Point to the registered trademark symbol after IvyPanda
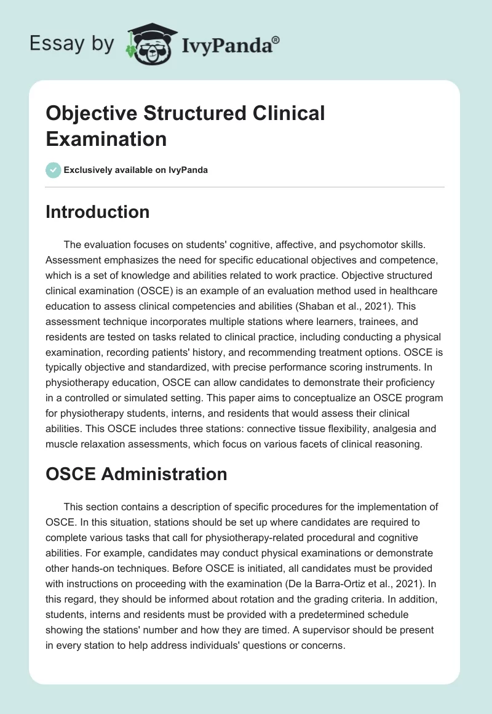coord(276,39)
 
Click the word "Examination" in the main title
coord(106,138)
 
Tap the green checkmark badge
coord(54,170)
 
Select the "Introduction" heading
coord(98,212)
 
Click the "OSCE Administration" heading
coord(137,473)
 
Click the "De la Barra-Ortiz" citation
coord(359,582)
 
